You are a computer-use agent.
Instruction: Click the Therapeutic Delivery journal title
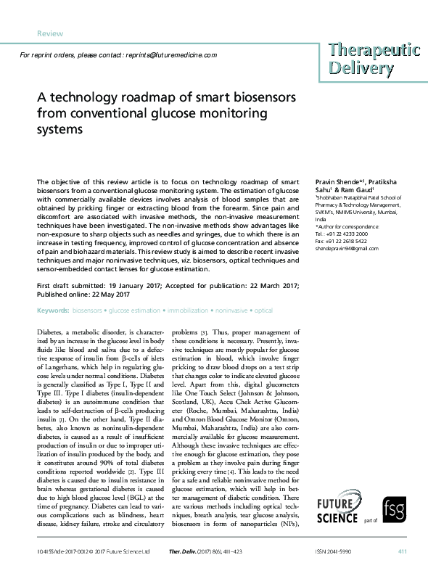pos(373,59)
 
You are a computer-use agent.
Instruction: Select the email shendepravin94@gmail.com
pos(347,248)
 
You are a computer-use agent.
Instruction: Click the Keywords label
pos(52,310)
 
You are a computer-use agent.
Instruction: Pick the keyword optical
pos(263,310)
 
